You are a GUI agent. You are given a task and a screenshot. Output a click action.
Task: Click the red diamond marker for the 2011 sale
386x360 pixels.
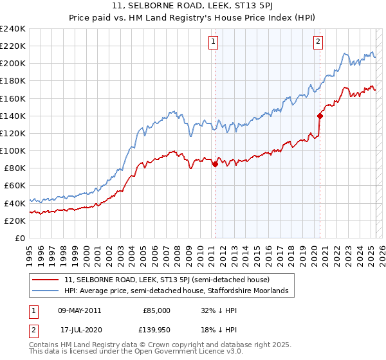(215, 164)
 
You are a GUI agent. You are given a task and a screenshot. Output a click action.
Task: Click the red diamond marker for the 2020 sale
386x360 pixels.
(320, 116)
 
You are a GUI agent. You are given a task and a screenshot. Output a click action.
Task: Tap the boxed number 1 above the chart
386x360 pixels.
(213, 43)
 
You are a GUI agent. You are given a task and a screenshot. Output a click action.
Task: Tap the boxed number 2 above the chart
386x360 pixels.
(318, 43)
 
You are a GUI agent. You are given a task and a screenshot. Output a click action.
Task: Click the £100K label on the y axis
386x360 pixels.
(13, 150)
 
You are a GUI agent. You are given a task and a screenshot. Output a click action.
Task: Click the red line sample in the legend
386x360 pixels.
(46, 280)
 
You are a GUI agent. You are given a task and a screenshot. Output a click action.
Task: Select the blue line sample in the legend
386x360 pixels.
(46, 291)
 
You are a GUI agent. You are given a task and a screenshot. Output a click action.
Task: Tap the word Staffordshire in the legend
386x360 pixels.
(239, 291)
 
